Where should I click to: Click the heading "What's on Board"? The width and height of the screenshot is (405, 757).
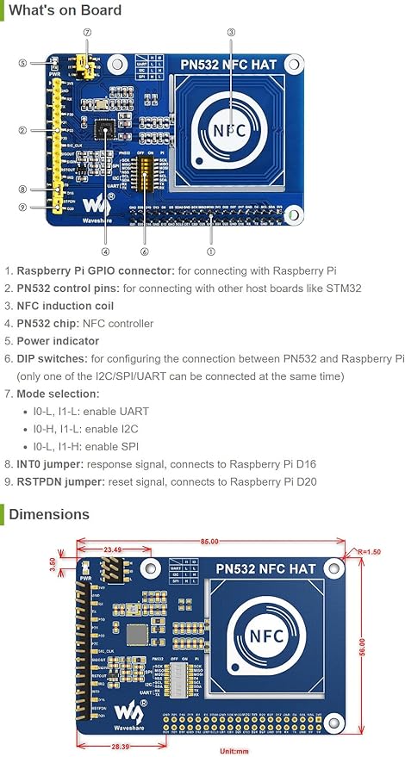[x=65, y=11]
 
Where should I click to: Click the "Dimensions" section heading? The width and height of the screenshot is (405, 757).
[x=49, y=514]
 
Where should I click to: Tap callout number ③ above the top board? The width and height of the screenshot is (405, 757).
[x=231, y=33]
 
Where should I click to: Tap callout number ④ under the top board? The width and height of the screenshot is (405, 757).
[x=105, y=251]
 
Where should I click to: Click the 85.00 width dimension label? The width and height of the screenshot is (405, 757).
[x=207, y=542]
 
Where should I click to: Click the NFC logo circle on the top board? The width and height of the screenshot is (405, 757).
[x=230, y=130]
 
